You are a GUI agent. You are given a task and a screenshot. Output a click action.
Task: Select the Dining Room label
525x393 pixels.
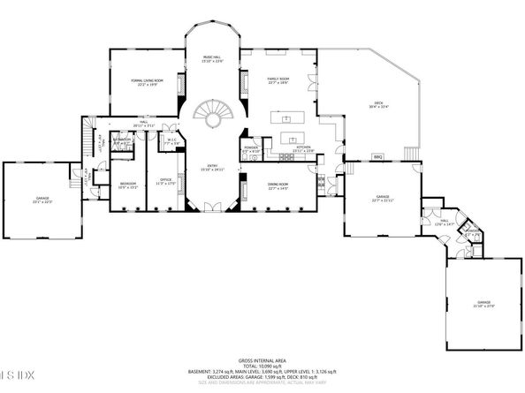[279, 186]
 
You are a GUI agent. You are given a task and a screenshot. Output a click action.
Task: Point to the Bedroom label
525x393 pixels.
[126, 185]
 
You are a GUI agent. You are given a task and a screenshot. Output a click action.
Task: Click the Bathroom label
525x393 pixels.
[122, 140]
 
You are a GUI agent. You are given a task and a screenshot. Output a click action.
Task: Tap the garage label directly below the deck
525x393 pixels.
[382, 198]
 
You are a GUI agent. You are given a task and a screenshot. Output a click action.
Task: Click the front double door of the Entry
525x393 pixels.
[212, 208]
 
